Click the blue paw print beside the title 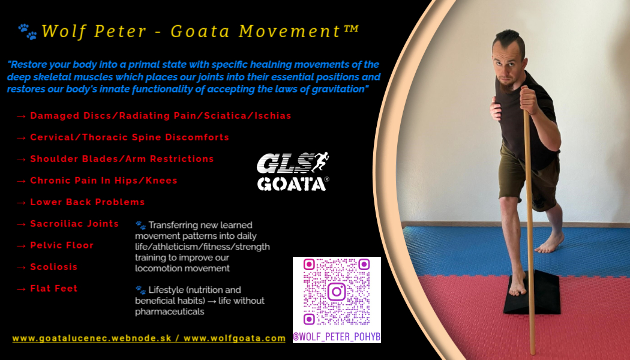coord(28,32)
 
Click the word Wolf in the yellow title coord(64,31)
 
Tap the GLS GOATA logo coord(293,172)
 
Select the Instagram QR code coord(337,292)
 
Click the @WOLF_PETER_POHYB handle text coord(337,337)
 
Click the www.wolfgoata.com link coord(234,338)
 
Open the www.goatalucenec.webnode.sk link coord(92,338)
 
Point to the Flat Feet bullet coord(54,289)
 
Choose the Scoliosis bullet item coord(54,267)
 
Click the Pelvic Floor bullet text coord(62,245)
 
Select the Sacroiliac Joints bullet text coord(74,224)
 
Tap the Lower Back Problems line coord(88,202)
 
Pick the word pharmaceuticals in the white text coord(170,311)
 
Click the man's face coord(507,66)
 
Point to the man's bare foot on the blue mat coord(550,242)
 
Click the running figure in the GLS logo coord(320,161)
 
